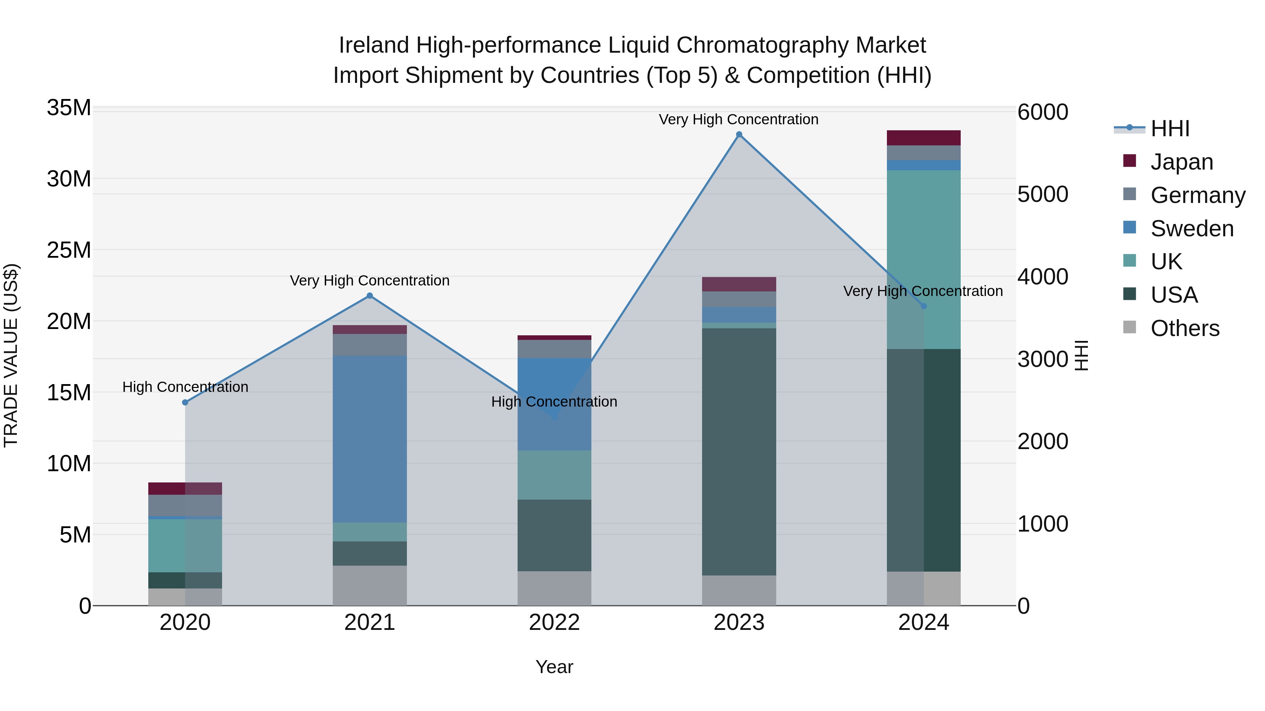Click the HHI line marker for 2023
(x=739, y=134)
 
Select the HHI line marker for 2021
(x=370, y=296)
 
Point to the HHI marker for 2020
(x=185, y=402)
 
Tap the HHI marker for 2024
(x=924, y=306)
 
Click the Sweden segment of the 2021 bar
(x=370, y=439)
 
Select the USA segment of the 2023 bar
(x=739, y=452)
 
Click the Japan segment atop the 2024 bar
(x=924, y=138)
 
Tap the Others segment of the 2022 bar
(x=554, y=588)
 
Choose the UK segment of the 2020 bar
(x=185, y=546)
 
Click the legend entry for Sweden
(x=1192, y=229)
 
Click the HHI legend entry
(x=1170, y=129)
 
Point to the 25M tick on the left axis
(x=69, y=250)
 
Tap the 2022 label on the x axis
(x=554, y=623)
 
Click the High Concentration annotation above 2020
(x=185, y=387)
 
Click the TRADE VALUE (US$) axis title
(x=11, y=355)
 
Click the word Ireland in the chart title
(x=374, y=46)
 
